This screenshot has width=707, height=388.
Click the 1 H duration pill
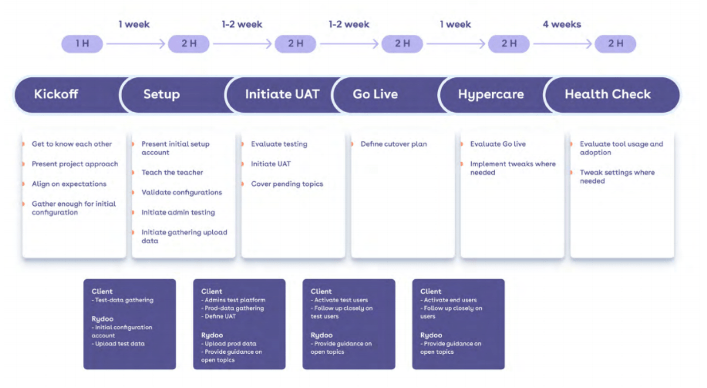(x=82, y=44)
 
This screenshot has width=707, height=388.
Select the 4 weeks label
(x=562, y=24)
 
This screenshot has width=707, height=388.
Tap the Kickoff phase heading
(x=56, y=94)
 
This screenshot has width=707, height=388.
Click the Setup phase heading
(x=162, y=95)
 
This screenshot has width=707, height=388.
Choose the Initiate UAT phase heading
(x=282, y=94)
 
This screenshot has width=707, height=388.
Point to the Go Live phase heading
(x=375, y=94)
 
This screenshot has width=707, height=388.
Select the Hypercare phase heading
(x=491, y=95)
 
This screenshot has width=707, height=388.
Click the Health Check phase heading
(x=607, y=94)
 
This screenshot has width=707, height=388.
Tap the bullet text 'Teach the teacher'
(x=172, y=172)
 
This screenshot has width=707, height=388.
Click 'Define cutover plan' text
(x=394, y=144)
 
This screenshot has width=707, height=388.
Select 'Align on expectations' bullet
(x=69, y=184)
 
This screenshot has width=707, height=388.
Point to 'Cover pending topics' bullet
(x=287, y=184)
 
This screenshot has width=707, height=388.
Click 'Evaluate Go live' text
(x=498, y=144)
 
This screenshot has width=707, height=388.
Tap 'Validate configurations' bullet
(x=182, y=193)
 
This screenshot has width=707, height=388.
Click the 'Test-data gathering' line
(x=123, y=300)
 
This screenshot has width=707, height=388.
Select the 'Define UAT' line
(x=218, y=316)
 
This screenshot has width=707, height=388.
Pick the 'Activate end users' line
(x=449, y=300)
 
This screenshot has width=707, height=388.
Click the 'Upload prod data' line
(x=229, y=343)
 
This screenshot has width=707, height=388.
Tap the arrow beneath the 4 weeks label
(x=562, y=44)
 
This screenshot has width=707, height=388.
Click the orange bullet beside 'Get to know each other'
(x=24, y=144)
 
